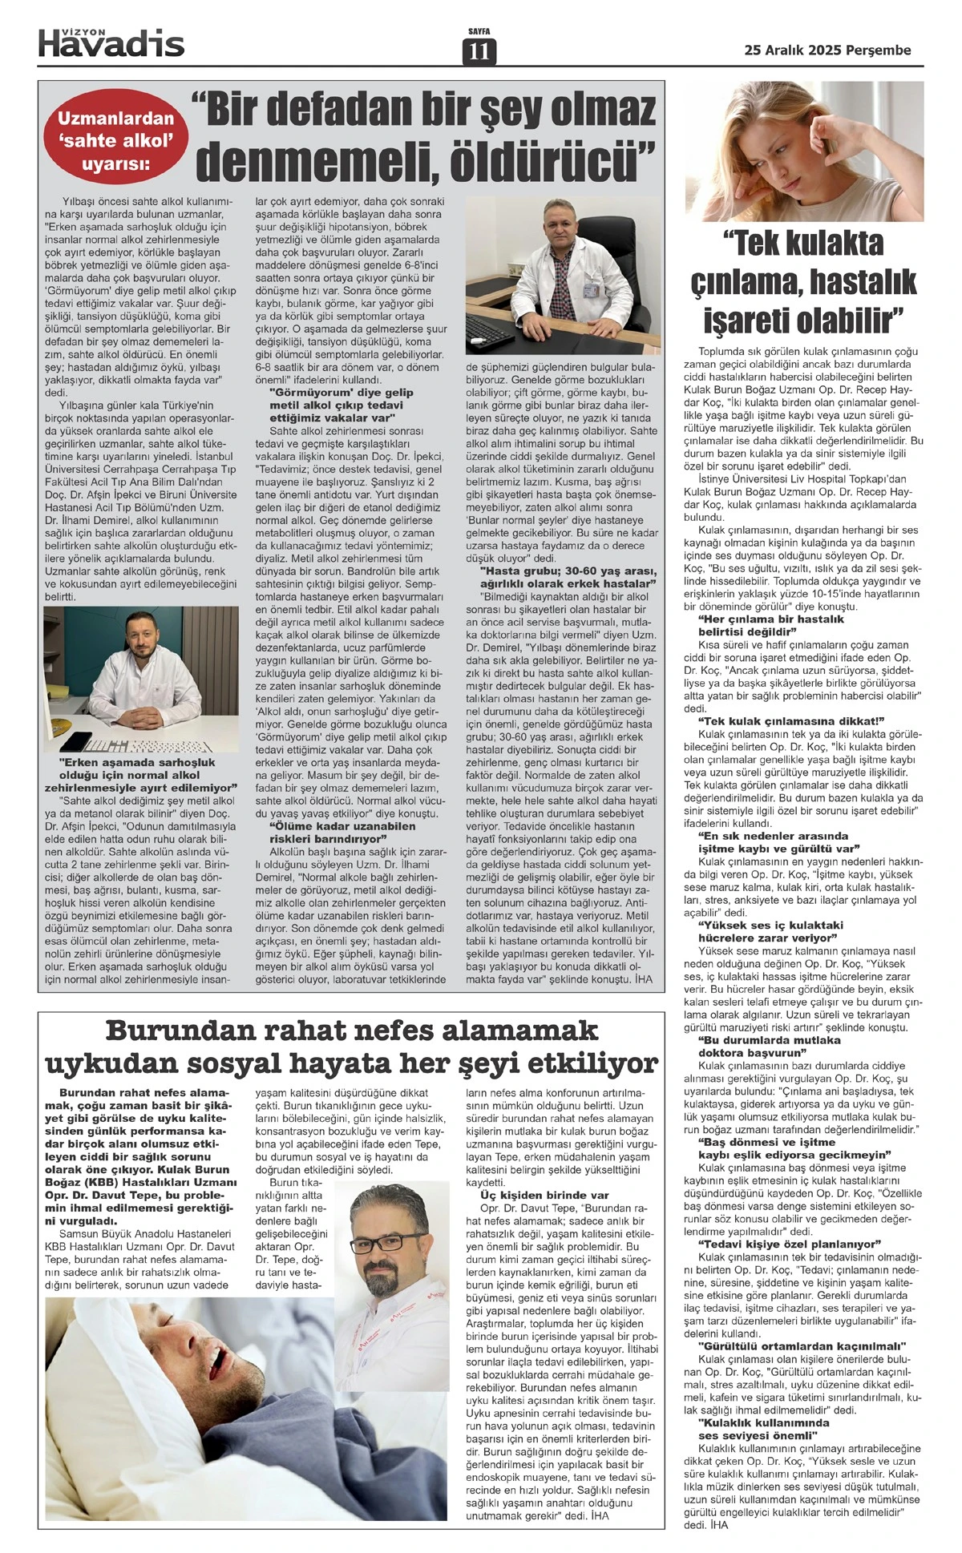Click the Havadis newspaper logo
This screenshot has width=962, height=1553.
(x=111, y=45)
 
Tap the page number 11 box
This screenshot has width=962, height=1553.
(x=479, y=52)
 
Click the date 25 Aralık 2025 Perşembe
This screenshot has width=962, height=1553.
(x=828, y=50)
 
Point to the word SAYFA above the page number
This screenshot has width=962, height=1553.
(x=479, y=31)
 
